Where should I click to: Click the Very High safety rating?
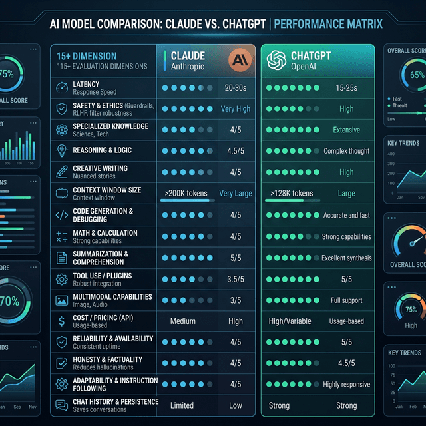[x=236, y=108]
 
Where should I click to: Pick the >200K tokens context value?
[x=186, y=194]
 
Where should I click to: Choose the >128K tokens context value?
[x=292, y=194]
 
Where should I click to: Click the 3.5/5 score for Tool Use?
[x=235, y=279]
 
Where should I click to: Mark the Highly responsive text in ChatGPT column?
[x=346, y=385]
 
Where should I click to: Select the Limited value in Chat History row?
[x=182, y=405]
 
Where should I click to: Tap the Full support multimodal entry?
[x=346, y=300]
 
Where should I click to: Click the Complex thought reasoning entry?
[x=346, y=151]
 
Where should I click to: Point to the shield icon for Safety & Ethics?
[x=61, y=108]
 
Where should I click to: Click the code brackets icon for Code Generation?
[x=61, y=215]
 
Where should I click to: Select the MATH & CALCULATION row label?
[x=105, y=233]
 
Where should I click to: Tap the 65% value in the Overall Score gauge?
[x=417, y=75]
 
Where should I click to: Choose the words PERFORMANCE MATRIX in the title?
[x=329, y=24]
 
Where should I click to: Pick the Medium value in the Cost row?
[x=183, y=321]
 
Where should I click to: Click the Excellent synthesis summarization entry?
[x=346, y=258]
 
